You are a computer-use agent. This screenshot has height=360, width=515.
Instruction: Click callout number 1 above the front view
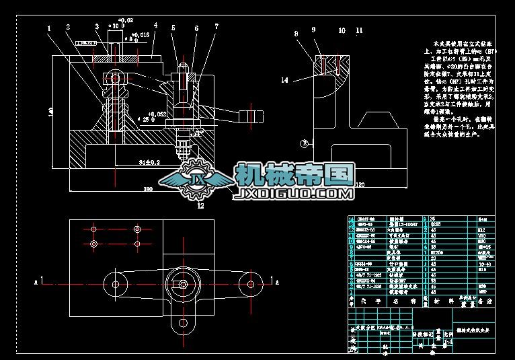pos(49,28)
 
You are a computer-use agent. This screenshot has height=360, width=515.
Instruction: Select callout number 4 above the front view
pos(155,26)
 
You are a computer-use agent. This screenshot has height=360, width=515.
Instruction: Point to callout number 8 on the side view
pos(295,33)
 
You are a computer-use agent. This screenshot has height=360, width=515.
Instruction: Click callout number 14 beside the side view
pos(284,80)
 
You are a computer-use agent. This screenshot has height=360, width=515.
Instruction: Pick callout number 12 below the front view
pos(200,207)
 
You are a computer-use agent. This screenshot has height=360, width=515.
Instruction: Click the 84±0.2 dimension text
pos(149,162)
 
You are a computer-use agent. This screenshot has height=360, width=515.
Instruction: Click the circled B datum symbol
pos(304,143)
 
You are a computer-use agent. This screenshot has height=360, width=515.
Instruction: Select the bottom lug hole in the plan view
pos(182,328)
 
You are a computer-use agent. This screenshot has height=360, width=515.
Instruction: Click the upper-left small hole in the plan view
pos(93,229)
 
